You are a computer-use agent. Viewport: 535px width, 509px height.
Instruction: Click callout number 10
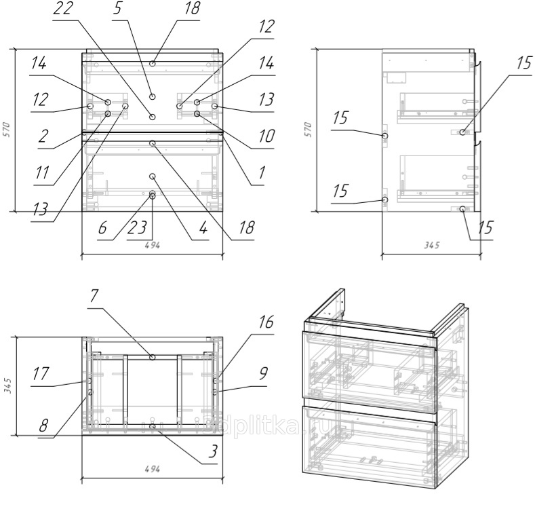265,136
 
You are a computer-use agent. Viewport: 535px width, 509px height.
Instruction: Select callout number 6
103,229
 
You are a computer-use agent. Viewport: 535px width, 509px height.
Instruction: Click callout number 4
201,229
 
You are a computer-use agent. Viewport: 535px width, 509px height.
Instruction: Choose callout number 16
266,322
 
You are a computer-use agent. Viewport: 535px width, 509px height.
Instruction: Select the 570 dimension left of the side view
309,130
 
